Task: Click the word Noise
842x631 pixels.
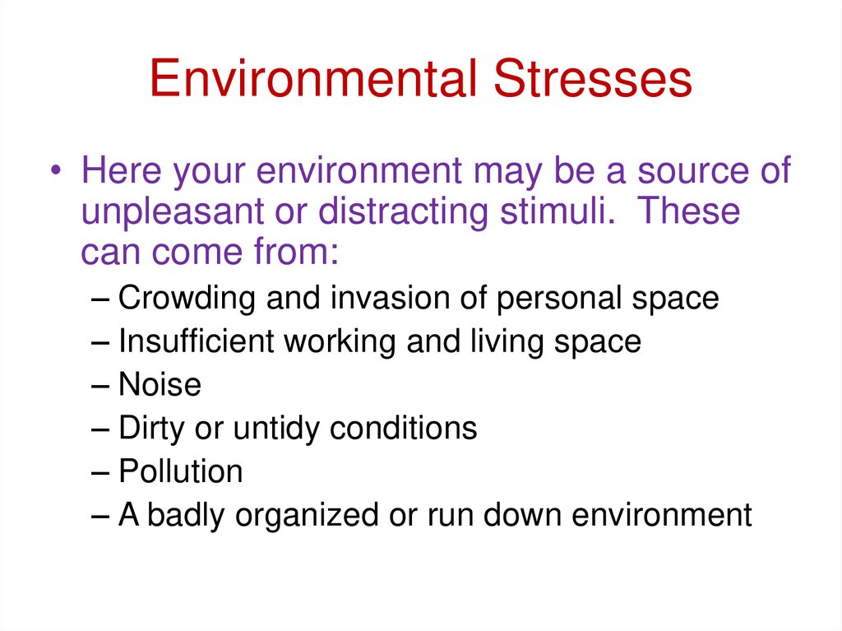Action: (x=160, y=384)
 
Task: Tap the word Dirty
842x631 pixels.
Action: (x=152, y=428)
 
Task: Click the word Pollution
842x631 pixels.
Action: (x=181, y=471)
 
